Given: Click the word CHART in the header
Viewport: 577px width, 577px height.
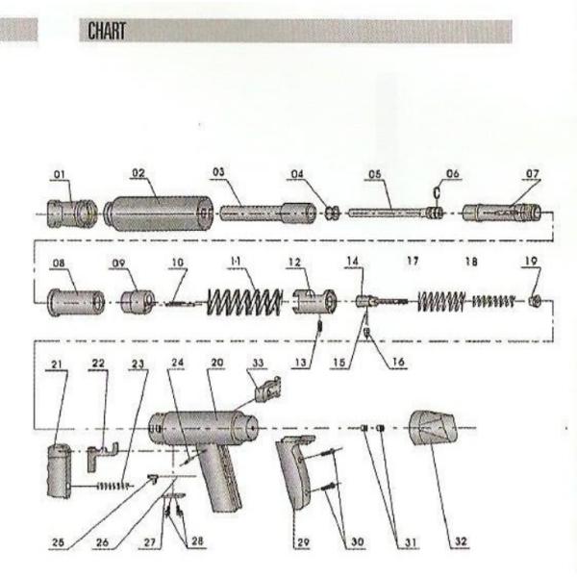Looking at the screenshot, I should pyautogui.click(x=107, y=31).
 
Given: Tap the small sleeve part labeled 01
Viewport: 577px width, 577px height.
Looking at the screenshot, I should pyautogui.click(x=73, y=210).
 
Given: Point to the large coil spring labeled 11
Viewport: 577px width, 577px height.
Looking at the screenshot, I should pyautogui.click(x=246, y=303).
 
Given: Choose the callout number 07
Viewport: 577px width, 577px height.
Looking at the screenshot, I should pyautogui.click(x=532, y=174).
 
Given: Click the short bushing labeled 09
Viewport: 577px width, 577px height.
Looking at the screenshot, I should pyautogui.click(x=138, y=303).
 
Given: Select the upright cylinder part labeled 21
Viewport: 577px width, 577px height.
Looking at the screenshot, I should pyautogui.click(x=59, y=471).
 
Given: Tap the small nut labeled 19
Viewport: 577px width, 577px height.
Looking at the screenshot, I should pyautogui.click(x=534, y=301).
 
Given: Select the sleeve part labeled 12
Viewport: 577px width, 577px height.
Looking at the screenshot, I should pyautogui.click(x=314, y=302).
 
